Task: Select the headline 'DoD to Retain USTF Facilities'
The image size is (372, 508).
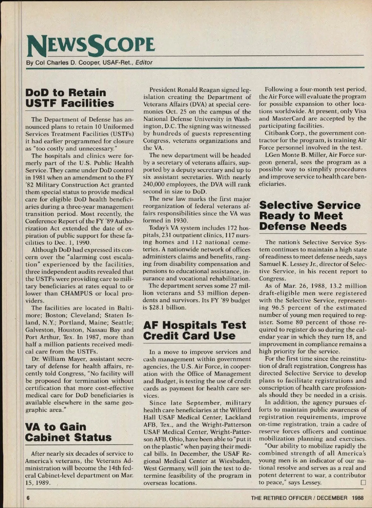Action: pyautogui.click(x=70, y=98)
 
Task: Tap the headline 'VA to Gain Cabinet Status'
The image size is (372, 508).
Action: pyautogui.click(x=68, y=432)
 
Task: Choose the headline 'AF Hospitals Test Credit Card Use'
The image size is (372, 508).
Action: pyautogui.click(x=194, y=330)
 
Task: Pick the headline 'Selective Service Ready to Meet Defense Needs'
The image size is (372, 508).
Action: pyautogui.click(x=310, y=216)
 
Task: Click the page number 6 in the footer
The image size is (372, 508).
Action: pyautogui.click(x=28, y=498)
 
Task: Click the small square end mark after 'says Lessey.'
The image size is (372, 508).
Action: pyautogui.click(x=363, y=483)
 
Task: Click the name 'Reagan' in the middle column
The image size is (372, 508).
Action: pyautogui.click(x=215, y=90)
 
